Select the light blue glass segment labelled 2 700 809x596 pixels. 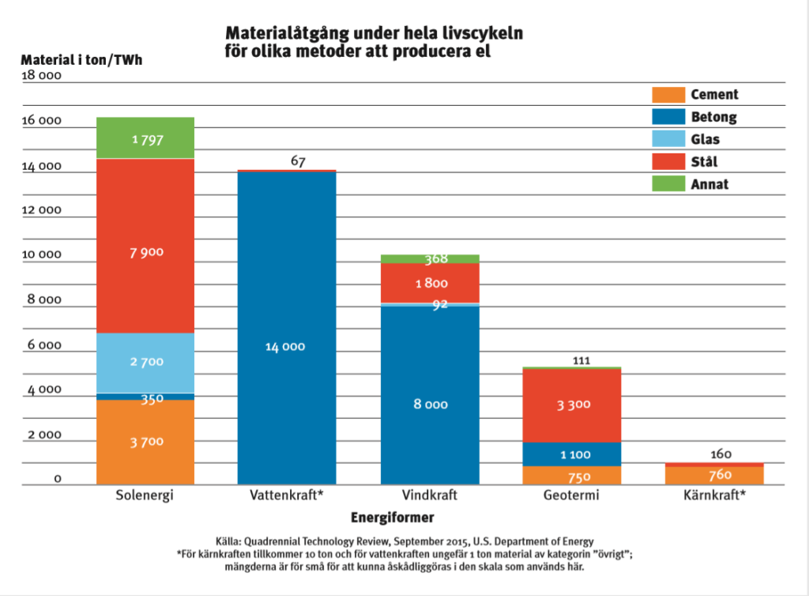pyautogui.click(x=145, y=362)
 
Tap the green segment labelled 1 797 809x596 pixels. pyautogui.click(x=145, y=138)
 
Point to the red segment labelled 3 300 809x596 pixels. pyautogui.click(x=572, y=405)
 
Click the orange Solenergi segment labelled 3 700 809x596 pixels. pyautogui.click(x=145, y=442)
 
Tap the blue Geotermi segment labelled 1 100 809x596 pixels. pyautogui.click(x=572, y=455)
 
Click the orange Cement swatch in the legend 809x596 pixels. pyautogui.click(x=666, y=95)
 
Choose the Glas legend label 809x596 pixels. pyautogui.click(x=705, y=140)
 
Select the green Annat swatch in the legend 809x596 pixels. pyautogui.click(x=666, y=184)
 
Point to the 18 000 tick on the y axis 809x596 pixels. pyautogui.click(x=40, y=76)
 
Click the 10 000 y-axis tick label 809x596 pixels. pyautogui.click(x=40, y=255)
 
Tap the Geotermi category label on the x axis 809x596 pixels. pyautogui.click(x=572, y=496)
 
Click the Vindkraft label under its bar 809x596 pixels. pyautogui.click(x=430, y=496)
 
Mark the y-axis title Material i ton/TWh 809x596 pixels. pyautogui.click(x=81, y=59)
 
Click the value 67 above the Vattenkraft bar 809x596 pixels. pyautogui.click(x=298, y=161)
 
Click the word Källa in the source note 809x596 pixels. pyautogui.click(x=229, y=541)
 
